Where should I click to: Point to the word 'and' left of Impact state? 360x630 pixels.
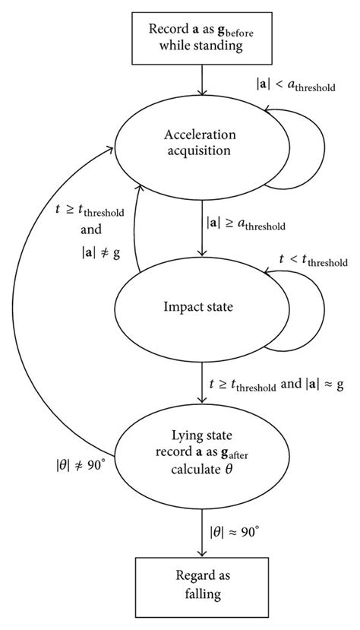pos(90,230)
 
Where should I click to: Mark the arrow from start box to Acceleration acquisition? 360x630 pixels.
pos(203,79)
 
